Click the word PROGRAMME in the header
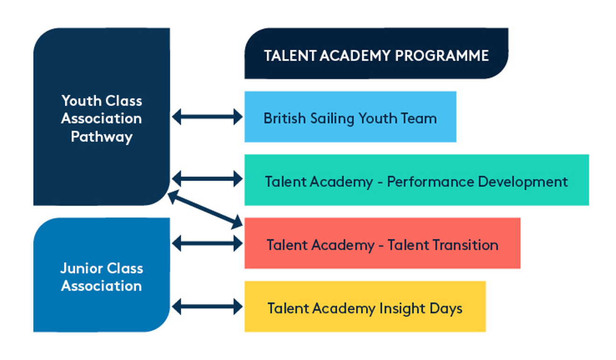click(x=442, y=56)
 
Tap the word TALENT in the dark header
click(x=290, y=56)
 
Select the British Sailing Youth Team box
click(x=350, y=117)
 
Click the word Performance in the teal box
click(x=431, y=182)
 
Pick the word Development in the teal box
click(x=523, y=182)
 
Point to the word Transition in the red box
click(x=443, y=245)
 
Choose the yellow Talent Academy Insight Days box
click(x=365, y=306)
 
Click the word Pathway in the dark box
click(x=102, y=137)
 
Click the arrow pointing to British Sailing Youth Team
click(x=207, y=117)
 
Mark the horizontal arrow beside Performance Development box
click(x=207, y=179)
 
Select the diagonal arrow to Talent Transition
click(x=205, y=209)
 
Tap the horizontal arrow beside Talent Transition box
click(x=207, y=243)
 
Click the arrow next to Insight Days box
click(x=207, y=306)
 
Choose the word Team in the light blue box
click(x=419, y=118)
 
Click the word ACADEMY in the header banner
click(x=355, y=56)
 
